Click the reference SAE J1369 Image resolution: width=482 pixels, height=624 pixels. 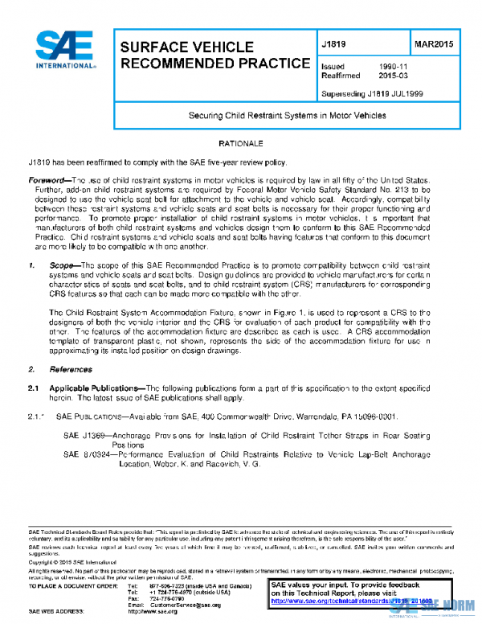tap(84, 435)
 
